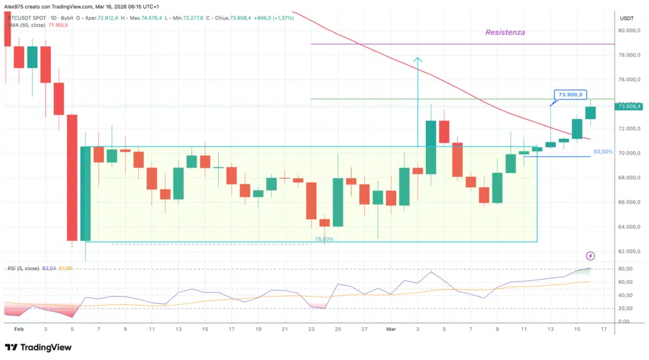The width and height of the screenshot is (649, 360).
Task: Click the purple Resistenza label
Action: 504,32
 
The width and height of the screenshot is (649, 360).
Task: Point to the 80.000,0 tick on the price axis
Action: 631,30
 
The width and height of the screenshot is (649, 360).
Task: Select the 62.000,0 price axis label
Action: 631,252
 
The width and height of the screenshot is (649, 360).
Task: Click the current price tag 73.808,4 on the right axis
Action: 631,106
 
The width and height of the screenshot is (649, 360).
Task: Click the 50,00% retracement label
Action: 603,153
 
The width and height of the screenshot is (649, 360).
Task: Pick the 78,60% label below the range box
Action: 324,240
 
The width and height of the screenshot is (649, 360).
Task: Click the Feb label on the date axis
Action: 19,330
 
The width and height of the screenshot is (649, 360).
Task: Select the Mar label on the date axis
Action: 391,330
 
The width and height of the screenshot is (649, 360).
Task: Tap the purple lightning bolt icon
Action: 591,256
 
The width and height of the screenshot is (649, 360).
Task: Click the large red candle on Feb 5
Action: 72,177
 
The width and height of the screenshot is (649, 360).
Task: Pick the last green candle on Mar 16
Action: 591,112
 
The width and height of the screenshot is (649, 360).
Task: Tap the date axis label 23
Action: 311,330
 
